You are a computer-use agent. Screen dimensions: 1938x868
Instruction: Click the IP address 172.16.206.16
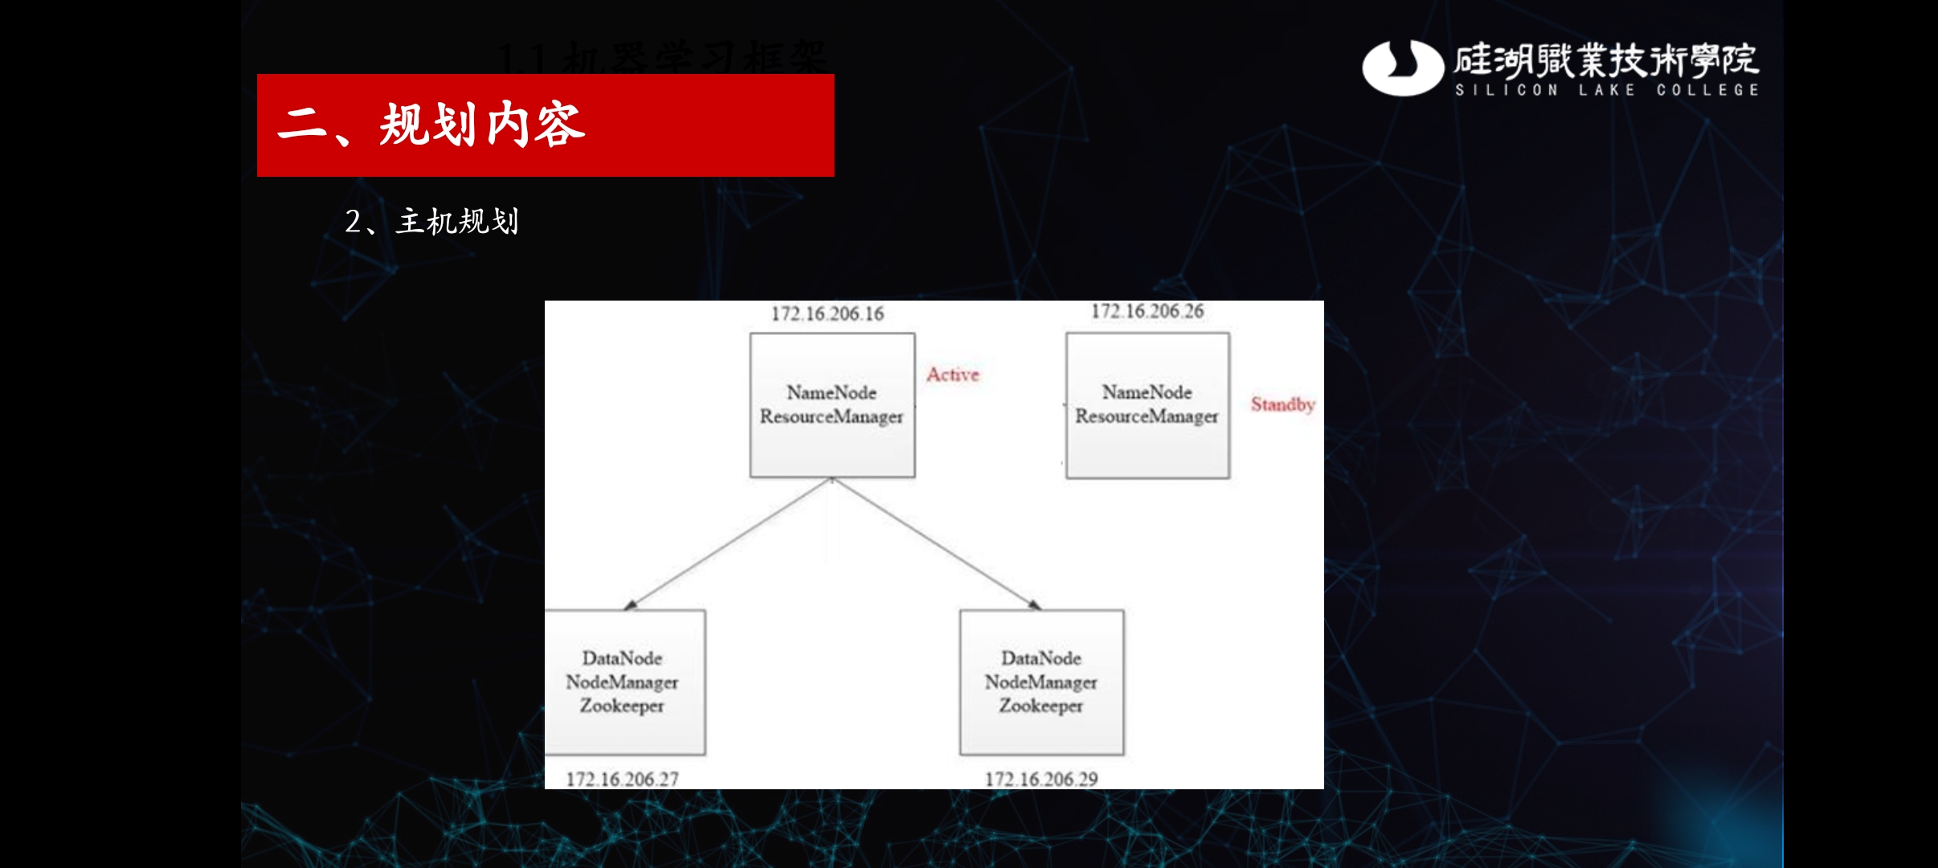[828, 313]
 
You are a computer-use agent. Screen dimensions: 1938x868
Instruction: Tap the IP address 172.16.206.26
[1147, 311]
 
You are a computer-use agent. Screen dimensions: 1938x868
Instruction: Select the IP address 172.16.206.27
[623, 779]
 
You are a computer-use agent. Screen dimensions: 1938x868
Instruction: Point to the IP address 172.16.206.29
[1041, 779]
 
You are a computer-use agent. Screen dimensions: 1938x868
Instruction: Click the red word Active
[953, 375]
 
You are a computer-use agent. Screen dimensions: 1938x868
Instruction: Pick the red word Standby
[1282, 404]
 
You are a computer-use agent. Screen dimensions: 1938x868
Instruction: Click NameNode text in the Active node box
[832, 392]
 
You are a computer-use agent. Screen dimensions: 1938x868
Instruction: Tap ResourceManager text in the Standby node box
[1147, 416]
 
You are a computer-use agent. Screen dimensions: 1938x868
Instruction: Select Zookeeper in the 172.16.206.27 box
[623, 706]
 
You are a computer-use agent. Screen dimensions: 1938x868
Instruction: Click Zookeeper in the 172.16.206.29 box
[1041, 706]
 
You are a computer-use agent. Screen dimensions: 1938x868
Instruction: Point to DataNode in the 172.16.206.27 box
[623, 658]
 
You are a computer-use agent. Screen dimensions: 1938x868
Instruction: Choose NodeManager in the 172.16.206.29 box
[1041, 682]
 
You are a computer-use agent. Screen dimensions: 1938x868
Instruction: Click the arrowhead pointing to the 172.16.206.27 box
[632, 604]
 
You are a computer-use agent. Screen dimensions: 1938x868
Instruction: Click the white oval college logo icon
[1402, 68]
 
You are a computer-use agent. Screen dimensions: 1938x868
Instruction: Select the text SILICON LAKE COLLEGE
[1607, 90]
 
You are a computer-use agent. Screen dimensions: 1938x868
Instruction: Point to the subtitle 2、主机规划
[432, 221]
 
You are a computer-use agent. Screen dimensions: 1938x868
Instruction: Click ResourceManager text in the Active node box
[832, 416]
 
